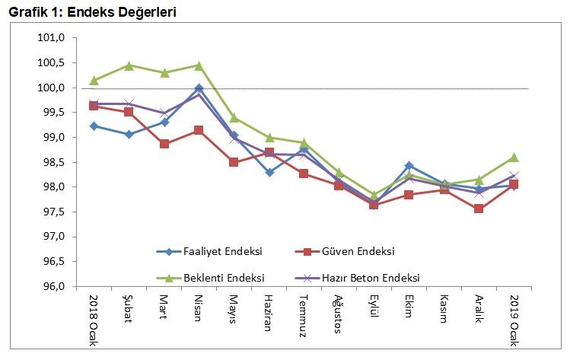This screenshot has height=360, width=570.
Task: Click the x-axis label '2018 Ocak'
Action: tap(94, 319)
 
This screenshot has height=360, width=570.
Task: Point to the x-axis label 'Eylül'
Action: tap(374, 308)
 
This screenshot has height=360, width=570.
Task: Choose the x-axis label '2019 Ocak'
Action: tap(514, 319)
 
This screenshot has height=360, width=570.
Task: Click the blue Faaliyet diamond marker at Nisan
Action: tap(199, 88)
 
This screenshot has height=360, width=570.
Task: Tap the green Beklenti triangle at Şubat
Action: tap(129, 65)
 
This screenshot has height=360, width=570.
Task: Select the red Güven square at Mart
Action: tap(164, 144)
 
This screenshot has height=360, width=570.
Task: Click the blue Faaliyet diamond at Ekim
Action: tap(409, 165)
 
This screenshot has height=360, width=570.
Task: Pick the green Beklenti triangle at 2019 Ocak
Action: tap(514, 158)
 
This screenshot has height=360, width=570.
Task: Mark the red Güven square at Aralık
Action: tap(479, 209)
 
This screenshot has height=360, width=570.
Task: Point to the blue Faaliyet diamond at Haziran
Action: tap(269, 173)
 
